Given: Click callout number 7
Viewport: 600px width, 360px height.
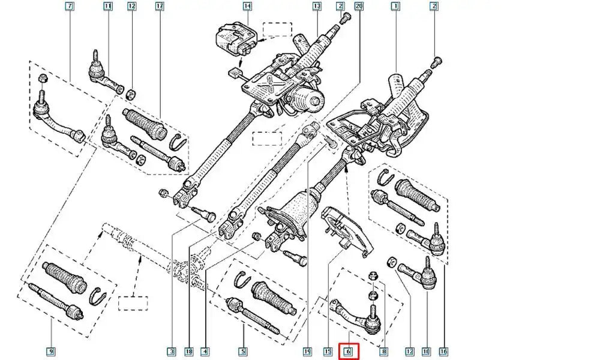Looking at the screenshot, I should [x=70, y=7].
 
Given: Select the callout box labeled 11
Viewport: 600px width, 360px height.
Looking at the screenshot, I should [x=108, y=7].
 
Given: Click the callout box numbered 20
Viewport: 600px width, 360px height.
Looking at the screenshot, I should [x=359, y=7].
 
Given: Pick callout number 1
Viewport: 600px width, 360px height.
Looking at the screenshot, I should [x=395, y=7].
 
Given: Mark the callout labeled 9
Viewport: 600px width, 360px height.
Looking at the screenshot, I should [x=51, y=351].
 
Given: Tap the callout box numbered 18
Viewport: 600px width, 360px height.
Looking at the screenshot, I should [x=189, y=351].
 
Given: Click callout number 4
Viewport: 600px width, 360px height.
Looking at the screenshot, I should [x=206, y=351].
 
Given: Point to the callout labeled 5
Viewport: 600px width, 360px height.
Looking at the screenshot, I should [x=242, y=351].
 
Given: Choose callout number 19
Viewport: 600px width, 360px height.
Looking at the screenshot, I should [x=307, y=351].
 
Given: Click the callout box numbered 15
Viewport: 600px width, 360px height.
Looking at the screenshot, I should [x=328, y=351].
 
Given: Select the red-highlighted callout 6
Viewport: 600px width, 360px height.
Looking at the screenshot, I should [x=349, y=351].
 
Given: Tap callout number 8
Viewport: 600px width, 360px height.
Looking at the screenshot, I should [x=383, y=351].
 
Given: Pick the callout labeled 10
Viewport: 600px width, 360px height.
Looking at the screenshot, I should [x=427, y=351].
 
